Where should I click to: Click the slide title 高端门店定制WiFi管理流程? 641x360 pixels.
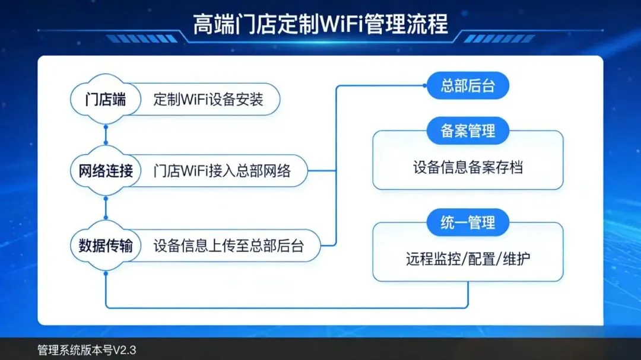320,25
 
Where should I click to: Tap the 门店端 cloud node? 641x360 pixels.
106,99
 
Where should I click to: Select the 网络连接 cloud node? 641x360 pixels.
106,171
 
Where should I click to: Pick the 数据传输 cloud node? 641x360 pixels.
106,245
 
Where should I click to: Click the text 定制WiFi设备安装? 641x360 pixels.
208,99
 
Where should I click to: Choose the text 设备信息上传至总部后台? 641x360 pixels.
229,245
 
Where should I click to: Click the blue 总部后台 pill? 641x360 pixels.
468,86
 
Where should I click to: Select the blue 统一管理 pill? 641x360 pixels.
468,223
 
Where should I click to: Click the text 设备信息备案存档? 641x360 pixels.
468,168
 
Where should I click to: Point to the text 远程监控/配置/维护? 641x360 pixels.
468,259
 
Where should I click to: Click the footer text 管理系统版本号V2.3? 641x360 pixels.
87,350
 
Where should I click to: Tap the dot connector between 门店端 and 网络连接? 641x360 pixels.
106,126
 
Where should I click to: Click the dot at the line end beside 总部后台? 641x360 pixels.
426,86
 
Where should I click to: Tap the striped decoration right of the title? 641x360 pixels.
499,39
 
